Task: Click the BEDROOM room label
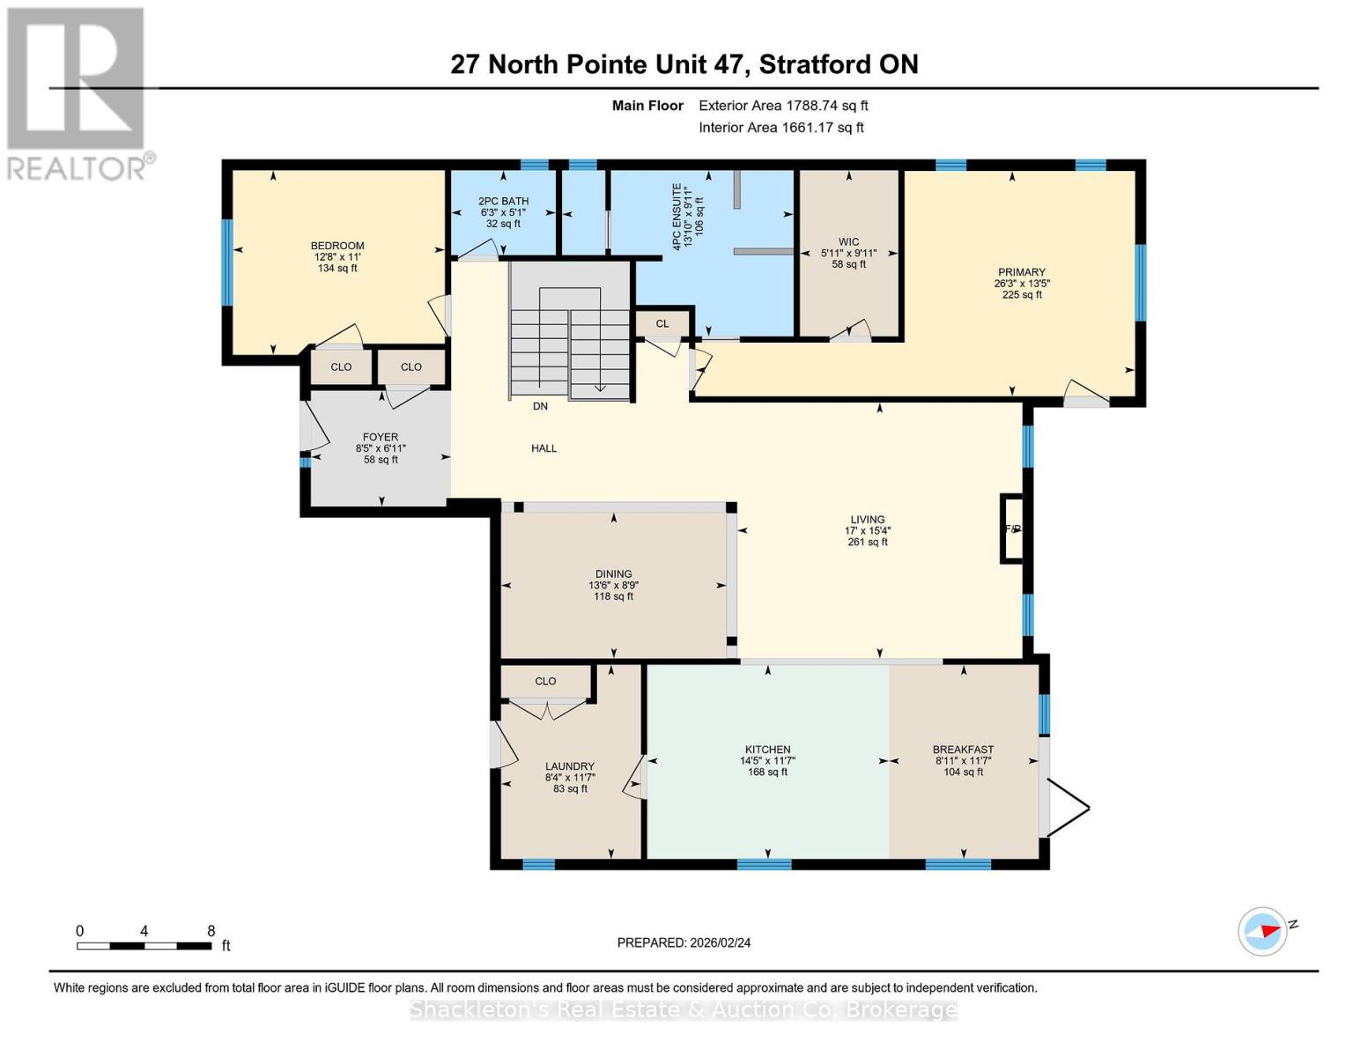(336, 246)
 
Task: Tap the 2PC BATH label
(503, 201)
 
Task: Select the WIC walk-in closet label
(848, 242)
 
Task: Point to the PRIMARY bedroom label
(1021, 272)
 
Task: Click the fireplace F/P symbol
(1012, 529)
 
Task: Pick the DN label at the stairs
(540, 406)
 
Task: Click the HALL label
(544, 448)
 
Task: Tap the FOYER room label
(381, 437)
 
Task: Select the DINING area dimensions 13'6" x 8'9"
(613, 585)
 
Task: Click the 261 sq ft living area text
(867, 543)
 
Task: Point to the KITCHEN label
(767, 750)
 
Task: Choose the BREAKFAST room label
(963, 750)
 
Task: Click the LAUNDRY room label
(569, 766)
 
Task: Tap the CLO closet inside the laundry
(545, 681)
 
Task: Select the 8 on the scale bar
(211, 931)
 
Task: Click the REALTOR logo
(77, 92)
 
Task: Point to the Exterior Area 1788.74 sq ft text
(783, 106)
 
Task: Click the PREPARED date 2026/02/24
(684, 942)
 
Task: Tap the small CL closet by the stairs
(662, 324)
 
